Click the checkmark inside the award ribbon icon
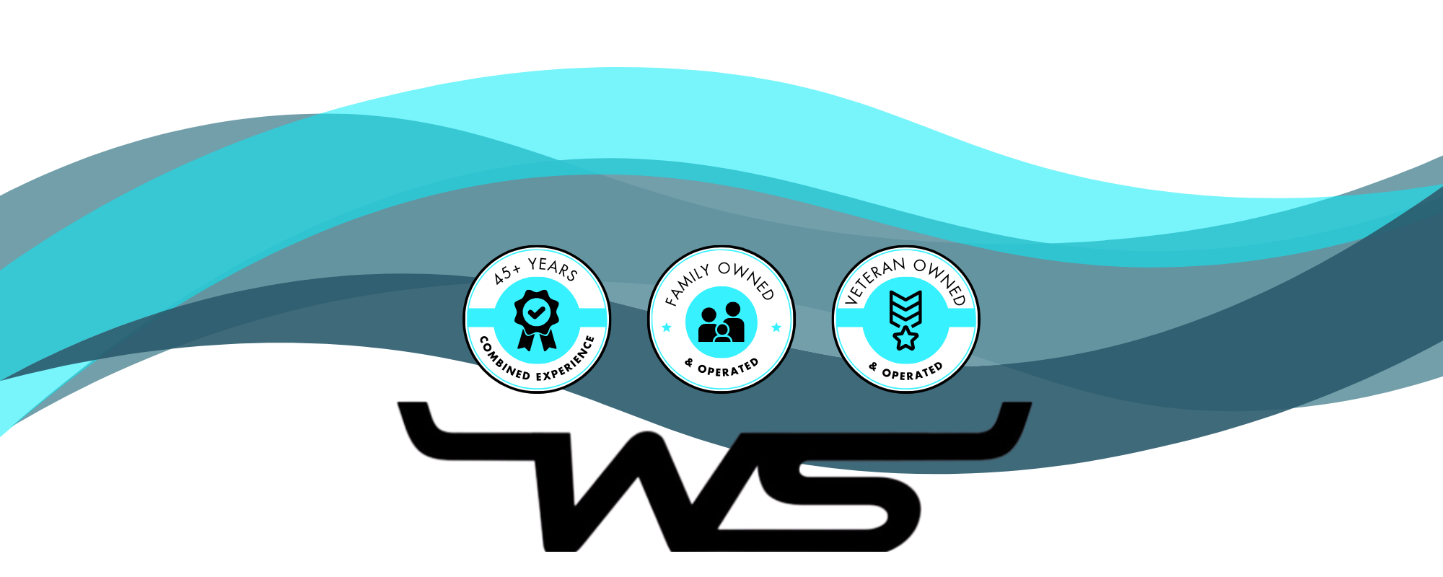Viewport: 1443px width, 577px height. (536, 312)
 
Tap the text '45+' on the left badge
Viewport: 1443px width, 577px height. (507, 273)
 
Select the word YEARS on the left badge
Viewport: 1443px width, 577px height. (553, 268)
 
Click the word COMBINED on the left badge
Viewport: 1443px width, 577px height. (504, 360)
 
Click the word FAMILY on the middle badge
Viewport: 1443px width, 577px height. (686, 284)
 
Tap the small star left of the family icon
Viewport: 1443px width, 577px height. (667, 327)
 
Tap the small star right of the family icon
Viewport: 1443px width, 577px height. (776, 327)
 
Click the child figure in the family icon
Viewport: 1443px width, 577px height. (722, 333)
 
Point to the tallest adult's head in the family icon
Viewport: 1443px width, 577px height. (733, 309)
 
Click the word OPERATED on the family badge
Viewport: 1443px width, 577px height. (728, 369)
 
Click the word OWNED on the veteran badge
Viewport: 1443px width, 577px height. (941, 280)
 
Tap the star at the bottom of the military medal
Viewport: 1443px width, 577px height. (905, 338)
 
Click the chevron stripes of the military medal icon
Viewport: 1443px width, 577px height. (905, 307)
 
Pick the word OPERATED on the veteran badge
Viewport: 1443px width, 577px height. (913, 372)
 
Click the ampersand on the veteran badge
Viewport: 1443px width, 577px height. (873, 367)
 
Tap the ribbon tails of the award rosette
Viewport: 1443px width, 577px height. (536, 339)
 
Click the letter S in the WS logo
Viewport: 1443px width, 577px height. (830, 498)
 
